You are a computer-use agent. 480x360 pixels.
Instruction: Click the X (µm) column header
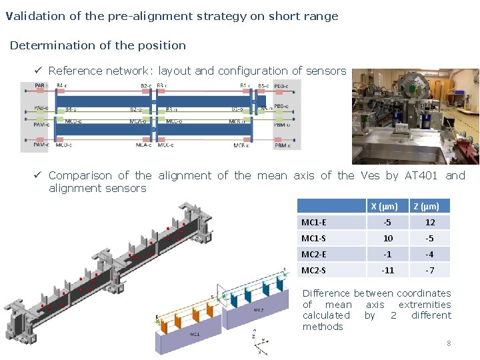click(384, 207)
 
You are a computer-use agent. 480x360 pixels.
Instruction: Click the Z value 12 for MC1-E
click(430, 223)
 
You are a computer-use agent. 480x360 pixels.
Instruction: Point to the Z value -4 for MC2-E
click(430, 254)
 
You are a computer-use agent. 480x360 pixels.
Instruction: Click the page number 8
click(449, 343)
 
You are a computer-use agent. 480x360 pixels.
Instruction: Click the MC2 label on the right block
click(257, 309)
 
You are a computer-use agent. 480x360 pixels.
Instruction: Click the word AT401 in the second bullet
click(421, 176)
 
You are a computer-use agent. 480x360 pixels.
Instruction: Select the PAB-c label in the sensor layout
click(41, 85)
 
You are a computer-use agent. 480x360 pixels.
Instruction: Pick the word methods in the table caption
click(323, 327)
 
